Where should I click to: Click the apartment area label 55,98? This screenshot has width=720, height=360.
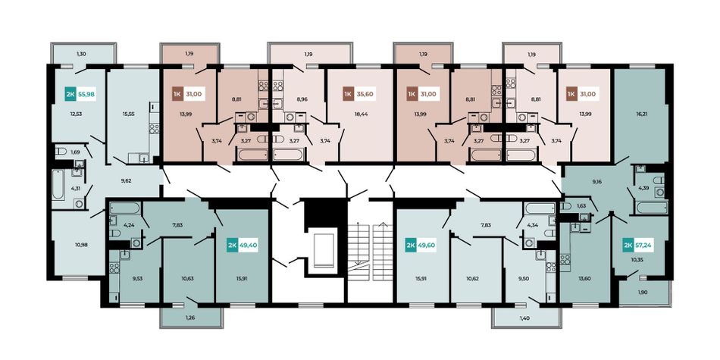pyautogui.click(x=86, y=95)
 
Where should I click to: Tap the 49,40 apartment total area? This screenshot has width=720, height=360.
pyautogui.click(x=249, y=246)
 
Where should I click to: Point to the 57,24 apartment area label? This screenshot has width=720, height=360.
pyautogui.click(x=643, y=246)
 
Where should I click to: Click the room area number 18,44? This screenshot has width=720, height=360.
pyautogui.click(x=359, y=114)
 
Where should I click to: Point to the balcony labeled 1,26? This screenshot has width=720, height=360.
pyautogui.click(x=191, y=317)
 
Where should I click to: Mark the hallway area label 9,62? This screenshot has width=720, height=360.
pyautogui.click(x=127, y=181)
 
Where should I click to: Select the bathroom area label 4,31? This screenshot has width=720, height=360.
pyautogui.click(x=75, y=188)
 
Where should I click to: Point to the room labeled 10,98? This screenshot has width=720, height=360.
pyautogui.click(x=81, y=244)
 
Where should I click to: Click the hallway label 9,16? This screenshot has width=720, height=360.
pyautogui.click(x=597, y=182)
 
